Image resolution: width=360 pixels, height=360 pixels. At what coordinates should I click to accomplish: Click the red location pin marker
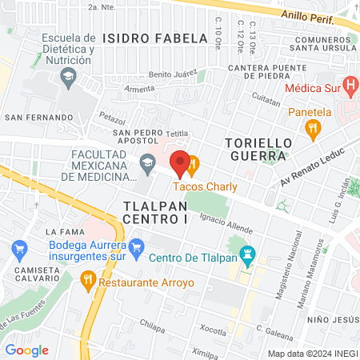point(180,163)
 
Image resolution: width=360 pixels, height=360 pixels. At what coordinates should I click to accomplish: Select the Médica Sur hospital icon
point(349,84)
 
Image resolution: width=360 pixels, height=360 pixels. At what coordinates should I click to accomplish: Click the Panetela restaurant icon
point(315,126)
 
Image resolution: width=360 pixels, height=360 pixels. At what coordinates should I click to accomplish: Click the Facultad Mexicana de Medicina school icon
point(147,165)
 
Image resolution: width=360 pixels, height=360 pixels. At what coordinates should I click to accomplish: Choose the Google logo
point(27,350)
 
